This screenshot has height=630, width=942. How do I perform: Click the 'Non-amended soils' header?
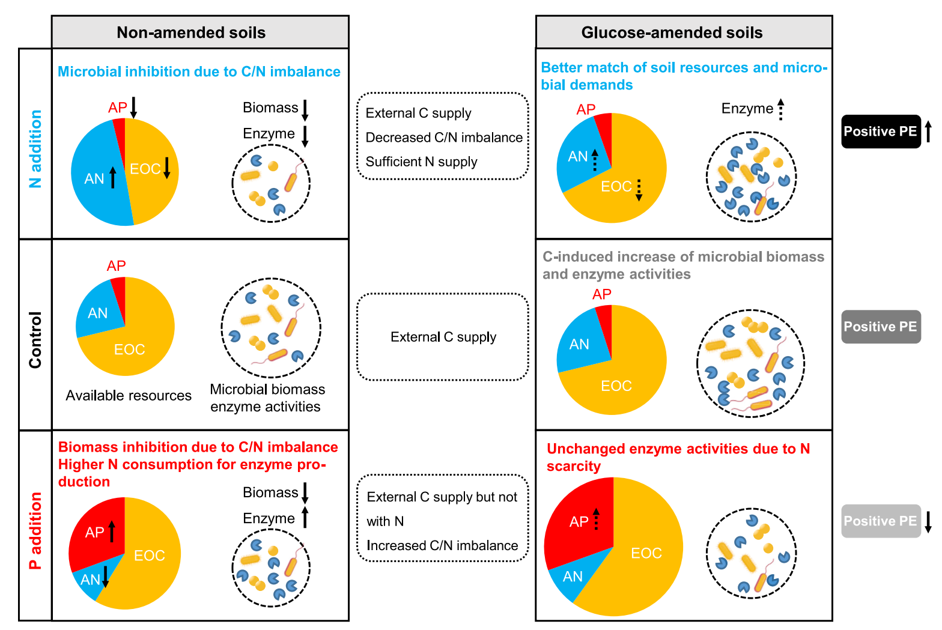191,32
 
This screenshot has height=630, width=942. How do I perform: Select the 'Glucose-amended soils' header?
672,32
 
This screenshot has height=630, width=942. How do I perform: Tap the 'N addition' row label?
35,149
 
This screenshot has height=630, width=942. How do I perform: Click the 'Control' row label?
35,340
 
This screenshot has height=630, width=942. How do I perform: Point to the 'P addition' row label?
35,530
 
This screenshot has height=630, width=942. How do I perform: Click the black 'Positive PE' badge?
880,132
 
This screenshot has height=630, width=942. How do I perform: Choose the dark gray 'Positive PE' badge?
880,327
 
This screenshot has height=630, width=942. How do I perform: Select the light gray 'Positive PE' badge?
880,521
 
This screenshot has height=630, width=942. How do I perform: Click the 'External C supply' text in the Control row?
443,337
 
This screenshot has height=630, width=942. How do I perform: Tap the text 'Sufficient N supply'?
421,162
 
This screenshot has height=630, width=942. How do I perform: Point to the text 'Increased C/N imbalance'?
442,545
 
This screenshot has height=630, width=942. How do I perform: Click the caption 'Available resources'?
129,396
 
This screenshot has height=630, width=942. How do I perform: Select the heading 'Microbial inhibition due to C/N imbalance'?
199,71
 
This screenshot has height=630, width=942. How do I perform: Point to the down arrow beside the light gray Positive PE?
928,521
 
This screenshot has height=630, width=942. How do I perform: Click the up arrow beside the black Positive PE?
928,132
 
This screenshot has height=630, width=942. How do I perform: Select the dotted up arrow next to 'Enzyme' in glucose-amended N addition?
781,109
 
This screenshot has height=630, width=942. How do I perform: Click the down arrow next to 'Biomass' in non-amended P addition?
305,493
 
